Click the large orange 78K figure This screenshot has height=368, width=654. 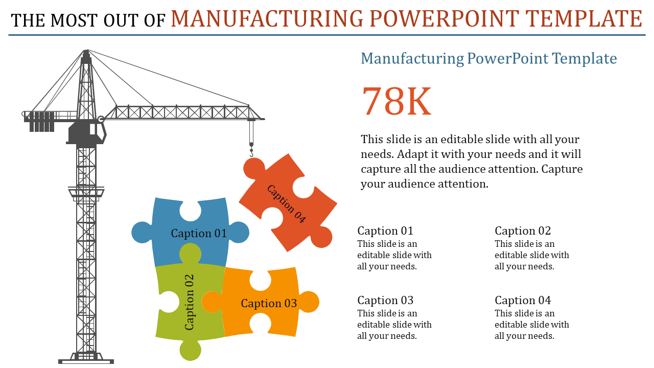coord(397,101)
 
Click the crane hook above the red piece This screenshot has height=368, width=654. coord(251,151)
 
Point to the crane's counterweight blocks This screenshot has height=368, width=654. coord(41,122)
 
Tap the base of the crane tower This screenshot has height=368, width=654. coord(86,360)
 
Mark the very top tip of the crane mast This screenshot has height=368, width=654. coord(86,51)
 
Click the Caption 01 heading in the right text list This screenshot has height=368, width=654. coord(385,231)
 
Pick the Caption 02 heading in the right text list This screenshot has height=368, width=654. coord(523,231)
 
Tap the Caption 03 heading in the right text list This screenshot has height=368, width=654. coord(385,300)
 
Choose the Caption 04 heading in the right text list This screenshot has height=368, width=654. coord(523,300)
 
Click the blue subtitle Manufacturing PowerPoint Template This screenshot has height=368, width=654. coord(488,58)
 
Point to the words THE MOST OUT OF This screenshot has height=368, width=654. coord(88,20)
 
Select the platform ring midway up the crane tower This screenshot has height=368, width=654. coord(86,192)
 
